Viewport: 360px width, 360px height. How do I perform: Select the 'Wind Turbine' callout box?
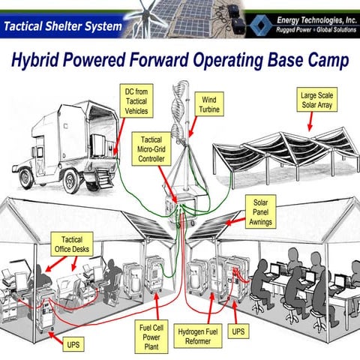pos(209,104)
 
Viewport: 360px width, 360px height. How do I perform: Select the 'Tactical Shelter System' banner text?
pos(61,27)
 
